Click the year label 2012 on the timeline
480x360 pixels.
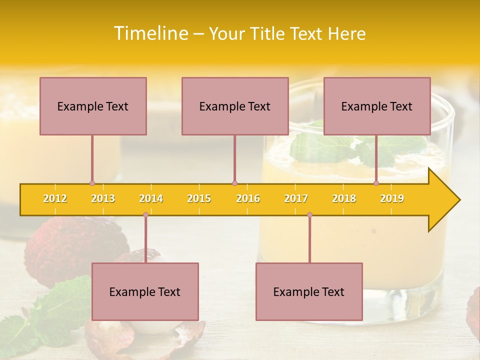55,199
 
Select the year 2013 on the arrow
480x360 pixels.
103,199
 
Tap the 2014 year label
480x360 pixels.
151,199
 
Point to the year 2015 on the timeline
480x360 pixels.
199,199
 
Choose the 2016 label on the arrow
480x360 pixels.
248,199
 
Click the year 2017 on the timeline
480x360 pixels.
296,199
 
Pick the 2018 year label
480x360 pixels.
344,199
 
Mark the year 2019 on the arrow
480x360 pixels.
392,199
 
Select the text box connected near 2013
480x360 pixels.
93,106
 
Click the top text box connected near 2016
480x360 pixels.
235,106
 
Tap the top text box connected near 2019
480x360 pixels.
377,106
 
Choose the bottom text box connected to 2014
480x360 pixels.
145,291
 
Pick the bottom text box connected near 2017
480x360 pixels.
309,291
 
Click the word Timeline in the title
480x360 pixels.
150,33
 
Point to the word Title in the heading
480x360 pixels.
268,34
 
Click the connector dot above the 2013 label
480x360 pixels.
92,183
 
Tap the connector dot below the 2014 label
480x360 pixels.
145,214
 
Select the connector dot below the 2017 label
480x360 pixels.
309,214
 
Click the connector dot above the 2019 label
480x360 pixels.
376,183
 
